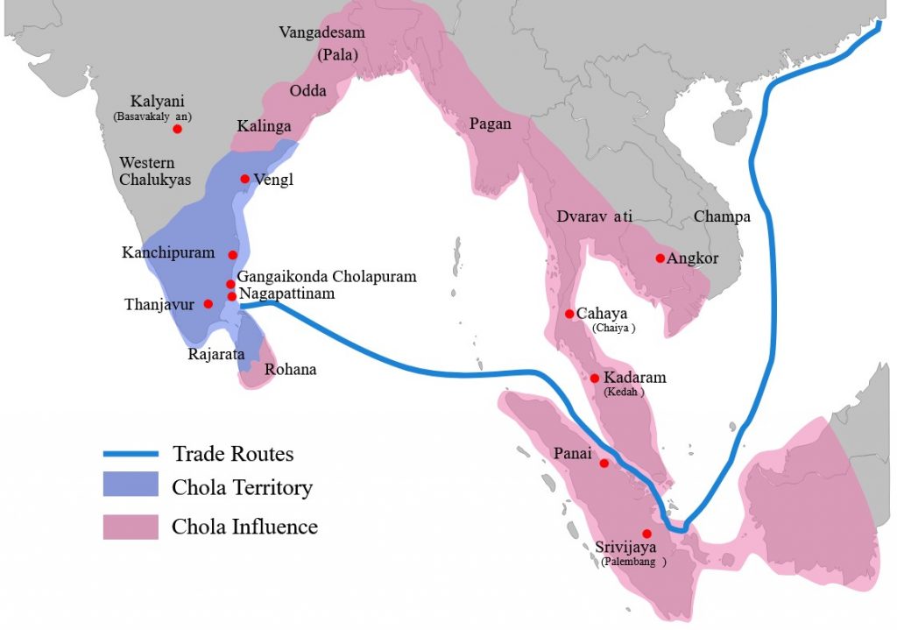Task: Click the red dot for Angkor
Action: [660, 258]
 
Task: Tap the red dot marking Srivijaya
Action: [646, 534]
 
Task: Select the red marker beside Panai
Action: [604, 462]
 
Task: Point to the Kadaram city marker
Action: [595, 378]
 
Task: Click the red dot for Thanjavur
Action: [208, 304]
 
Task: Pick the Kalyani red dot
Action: [177, 129]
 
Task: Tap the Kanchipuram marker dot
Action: [232, 255]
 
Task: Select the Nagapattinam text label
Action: [286, 294]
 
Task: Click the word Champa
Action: [722, 216]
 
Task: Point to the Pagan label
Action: [490, 124]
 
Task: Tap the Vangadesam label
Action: [321, 32]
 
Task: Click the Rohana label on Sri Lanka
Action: [290, 370]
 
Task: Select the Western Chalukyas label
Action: [147, 172]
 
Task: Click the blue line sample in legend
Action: [131, 454]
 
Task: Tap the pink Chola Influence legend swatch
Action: [131, 527]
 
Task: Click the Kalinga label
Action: [264, 126]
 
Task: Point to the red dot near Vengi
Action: [244, 179]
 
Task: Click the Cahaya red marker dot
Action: [569, 314]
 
